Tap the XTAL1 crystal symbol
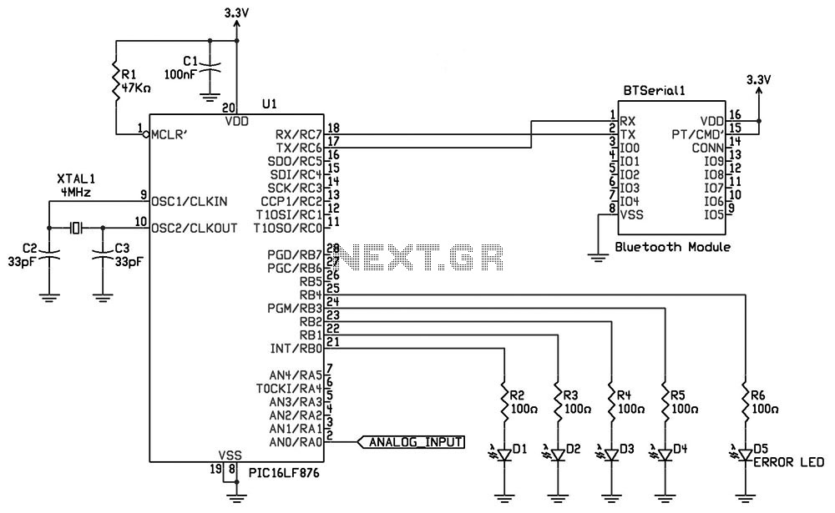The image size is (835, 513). click(77, 228)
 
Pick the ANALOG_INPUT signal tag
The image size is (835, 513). click(410, 442)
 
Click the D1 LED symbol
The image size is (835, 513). click(504, 455)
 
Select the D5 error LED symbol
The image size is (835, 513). click(744, 455)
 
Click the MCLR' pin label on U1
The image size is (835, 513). click(170, 134)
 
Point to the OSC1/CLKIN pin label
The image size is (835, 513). click(190, 202)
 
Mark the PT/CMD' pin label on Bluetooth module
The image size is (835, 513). click(697, 134)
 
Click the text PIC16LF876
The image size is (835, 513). click(284, 473)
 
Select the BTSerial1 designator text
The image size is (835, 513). click(654, 91)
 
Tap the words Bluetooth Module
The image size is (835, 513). click(672, 247)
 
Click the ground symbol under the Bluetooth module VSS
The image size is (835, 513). click(599, 258)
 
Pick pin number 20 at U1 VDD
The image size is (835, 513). click(229, 106)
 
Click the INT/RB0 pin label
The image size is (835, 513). click(296, 349)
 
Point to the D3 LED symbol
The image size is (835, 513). click(611, 455)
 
